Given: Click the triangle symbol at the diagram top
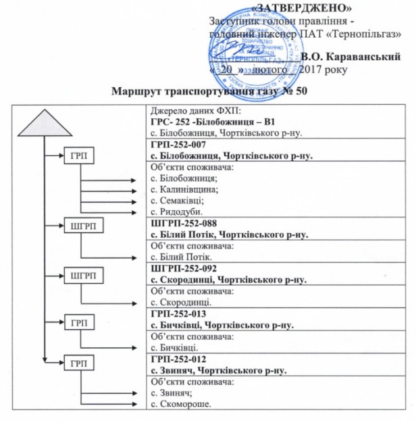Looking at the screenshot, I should pyautogui.click(x=45, y=124).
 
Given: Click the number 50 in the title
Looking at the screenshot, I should pyautogui.click(x=301, y=91).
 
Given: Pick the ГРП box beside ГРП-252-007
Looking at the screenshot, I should pyautogui.click(x=80, y=156).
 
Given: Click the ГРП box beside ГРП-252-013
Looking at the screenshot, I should pyautogui.click(x=80, y=322).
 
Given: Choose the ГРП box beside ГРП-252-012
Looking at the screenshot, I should pyautogui.click(x=80, y=364).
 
